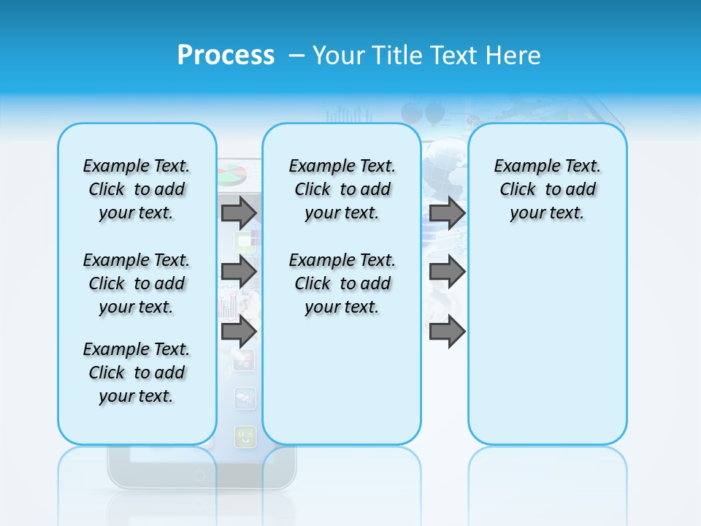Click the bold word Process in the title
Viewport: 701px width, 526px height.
pos(226,55)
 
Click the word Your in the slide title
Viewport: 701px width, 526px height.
pos(340,56)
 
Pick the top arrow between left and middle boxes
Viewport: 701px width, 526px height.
pos(239,213)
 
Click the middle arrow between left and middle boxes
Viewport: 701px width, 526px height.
pos(239,272)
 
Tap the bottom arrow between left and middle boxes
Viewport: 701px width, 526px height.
pos(239,332)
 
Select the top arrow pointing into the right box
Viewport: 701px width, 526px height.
pos(447,213)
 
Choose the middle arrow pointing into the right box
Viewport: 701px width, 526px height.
pos(447,272)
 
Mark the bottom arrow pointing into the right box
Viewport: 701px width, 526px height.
pos(447,332)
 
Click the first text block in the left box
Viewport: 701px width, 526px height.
pos(137,189)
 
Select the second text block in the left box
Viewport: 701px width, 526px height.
pos(137,283)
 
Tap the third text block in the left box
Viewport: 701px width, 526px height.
pos(137,373)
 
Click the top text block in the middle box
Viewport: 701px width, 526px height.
pos(342,189)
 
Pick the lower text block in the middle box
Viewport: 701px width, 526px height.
pos(342,283)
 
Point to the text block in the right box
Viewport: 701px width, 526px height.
pos(547,189)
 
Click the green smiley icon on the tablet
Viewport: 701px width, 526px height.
pos(245,437)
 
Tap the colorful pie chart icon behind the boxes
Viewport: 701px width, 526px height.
pos(232,175)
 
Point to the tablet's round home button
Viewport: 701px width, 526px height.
pos(199,475)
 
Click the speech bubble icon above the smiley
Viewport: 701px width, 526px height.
pos(245,398)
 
